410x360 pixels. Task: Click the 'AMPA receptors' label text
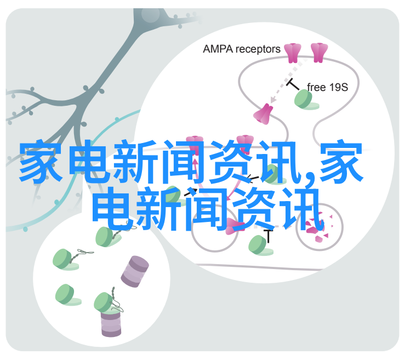(242, 49)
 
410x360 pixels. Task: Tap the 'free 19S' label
(327, 87)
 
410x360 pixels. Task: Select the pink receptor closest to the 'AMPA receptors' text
(293, 53)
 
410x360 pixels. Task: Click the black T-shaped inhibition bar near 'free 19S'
(293, 84)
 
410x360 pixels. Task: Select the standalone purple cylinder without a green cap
(135, 272)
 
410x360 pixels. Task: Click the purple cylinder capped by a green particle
(111, 323)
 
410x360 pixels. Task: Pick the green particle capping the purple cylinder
(105, 302)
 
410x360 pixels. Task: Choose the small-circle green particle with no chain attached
(66, 295)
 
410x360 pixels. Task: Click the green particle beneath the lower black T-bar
(259, 245)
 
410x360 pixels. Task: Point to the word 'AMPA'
(218, 49)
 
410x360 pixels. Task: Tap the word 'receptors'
(258, 50)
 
